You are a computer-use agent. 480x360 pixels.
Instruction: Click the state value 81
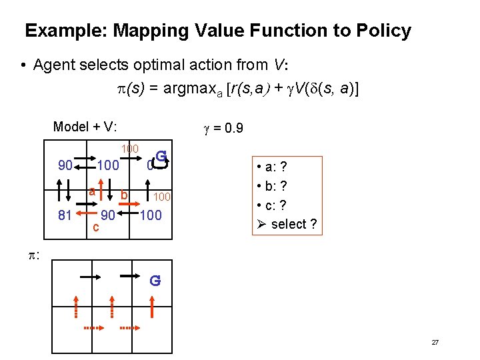64,215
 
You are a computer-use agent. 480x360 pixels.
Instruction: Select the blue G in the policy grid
155,281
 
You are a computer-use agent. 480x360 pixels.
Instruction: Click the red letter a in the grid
93,191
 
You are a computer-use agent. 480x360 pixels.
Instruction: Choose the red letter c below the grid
96,227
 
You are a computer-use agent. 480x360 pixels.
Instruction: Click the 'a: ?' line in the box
275,167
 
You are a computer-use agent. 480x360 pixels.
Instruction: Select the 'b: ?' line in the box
275,186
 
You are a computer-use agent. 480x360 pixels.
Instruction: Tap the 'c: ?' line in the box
275,205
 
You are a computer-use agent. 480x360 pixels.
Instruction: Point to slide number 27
435,342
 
